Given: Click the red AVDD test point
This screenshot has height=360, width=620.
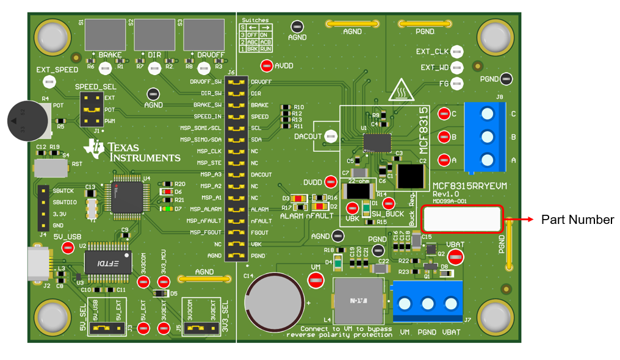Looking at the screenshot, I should pyautogui.click(x=267, y=65).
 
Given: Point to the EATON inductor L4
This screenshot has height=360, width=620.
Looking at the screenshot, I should pyautogui.click(x=357, y=301).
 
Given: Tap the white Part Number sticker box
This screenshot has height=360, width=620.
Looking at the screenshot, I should pyautogui.click(x=461, y=218).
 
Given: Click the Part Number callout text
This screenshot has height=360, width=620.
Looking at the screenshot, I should pyautogui.click(x=577, y=220).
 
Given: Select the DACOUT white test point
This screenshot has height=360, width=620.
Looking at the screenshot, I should pyautogui.click(x=331, y=137).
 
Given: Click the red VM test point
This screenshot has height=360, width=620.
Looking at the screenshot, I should pyautogui.click(x=315, y=280).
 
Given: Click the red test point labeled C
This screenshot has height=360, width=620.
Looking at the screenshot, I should pyautogui.click(x=443, y=113).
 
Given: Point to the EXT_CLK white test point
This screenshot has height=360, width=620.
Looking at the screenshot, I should pyautogui.click(x=456, y=52).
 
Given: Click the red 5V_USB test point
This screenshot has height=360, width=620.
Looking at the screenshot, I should pyautogui.click(x=68, y=247).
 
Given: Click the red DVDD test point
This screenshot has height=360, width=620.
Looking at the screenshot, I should pyautogui.click(x=331, y=182).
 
